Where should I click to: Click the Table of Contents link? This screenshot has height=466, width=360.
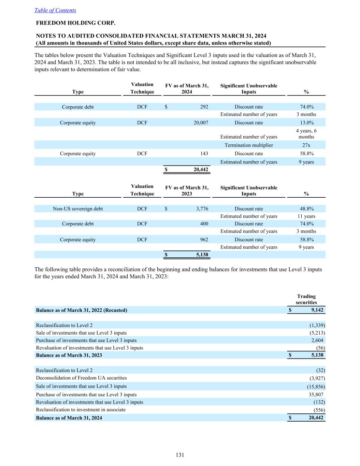pyautogui.click(x=55, y=10)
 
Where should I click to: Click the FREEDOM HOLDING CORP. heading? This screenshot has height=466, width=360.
pyautogui.click(x=76, y=23)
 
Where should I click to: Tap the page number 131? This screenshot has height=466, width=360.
pyautogui.click(x=180, y=455)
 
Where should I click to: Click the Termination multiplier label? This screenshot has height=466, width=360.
pyautogui.click(x=249, y=145)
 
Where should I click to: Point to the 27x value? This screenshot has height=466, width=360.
pyautogui.click(x=306, y=145)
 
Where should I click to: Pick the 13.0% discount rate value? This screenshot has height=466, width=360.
pyautogui.click(x=306, y=123)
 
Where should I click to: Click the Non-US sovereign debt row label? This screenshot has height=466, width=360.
pyautogui.click(x=78, y=209)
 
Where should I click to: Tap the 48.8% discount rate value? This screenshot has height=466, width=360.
pyautogui.click(x=306, y=209)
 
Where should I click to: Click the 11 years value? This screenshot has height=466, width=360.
pyautogui.click(x=306, y=216)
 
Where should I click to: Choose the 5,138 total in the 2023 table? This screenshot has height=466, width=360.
pyautogui.click(x=202, y=255)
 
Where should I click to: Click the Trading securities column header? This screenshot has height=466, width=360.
pyautogui.click(x=306, y=299)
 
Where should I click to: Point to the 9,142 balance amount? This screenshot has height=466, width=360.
pyautogui.click(x=317, y=310)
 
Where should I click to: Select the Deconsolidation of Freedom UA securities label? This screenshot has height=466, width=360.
pyautogui.click(x=81, y=378)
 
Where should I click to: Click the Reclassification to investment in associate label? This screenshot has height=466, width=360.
pyautogui.click(x=81, y=410)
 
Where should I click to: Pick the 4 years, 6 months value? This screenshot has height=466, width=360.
pyautogui.click(x=306, y=134)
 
